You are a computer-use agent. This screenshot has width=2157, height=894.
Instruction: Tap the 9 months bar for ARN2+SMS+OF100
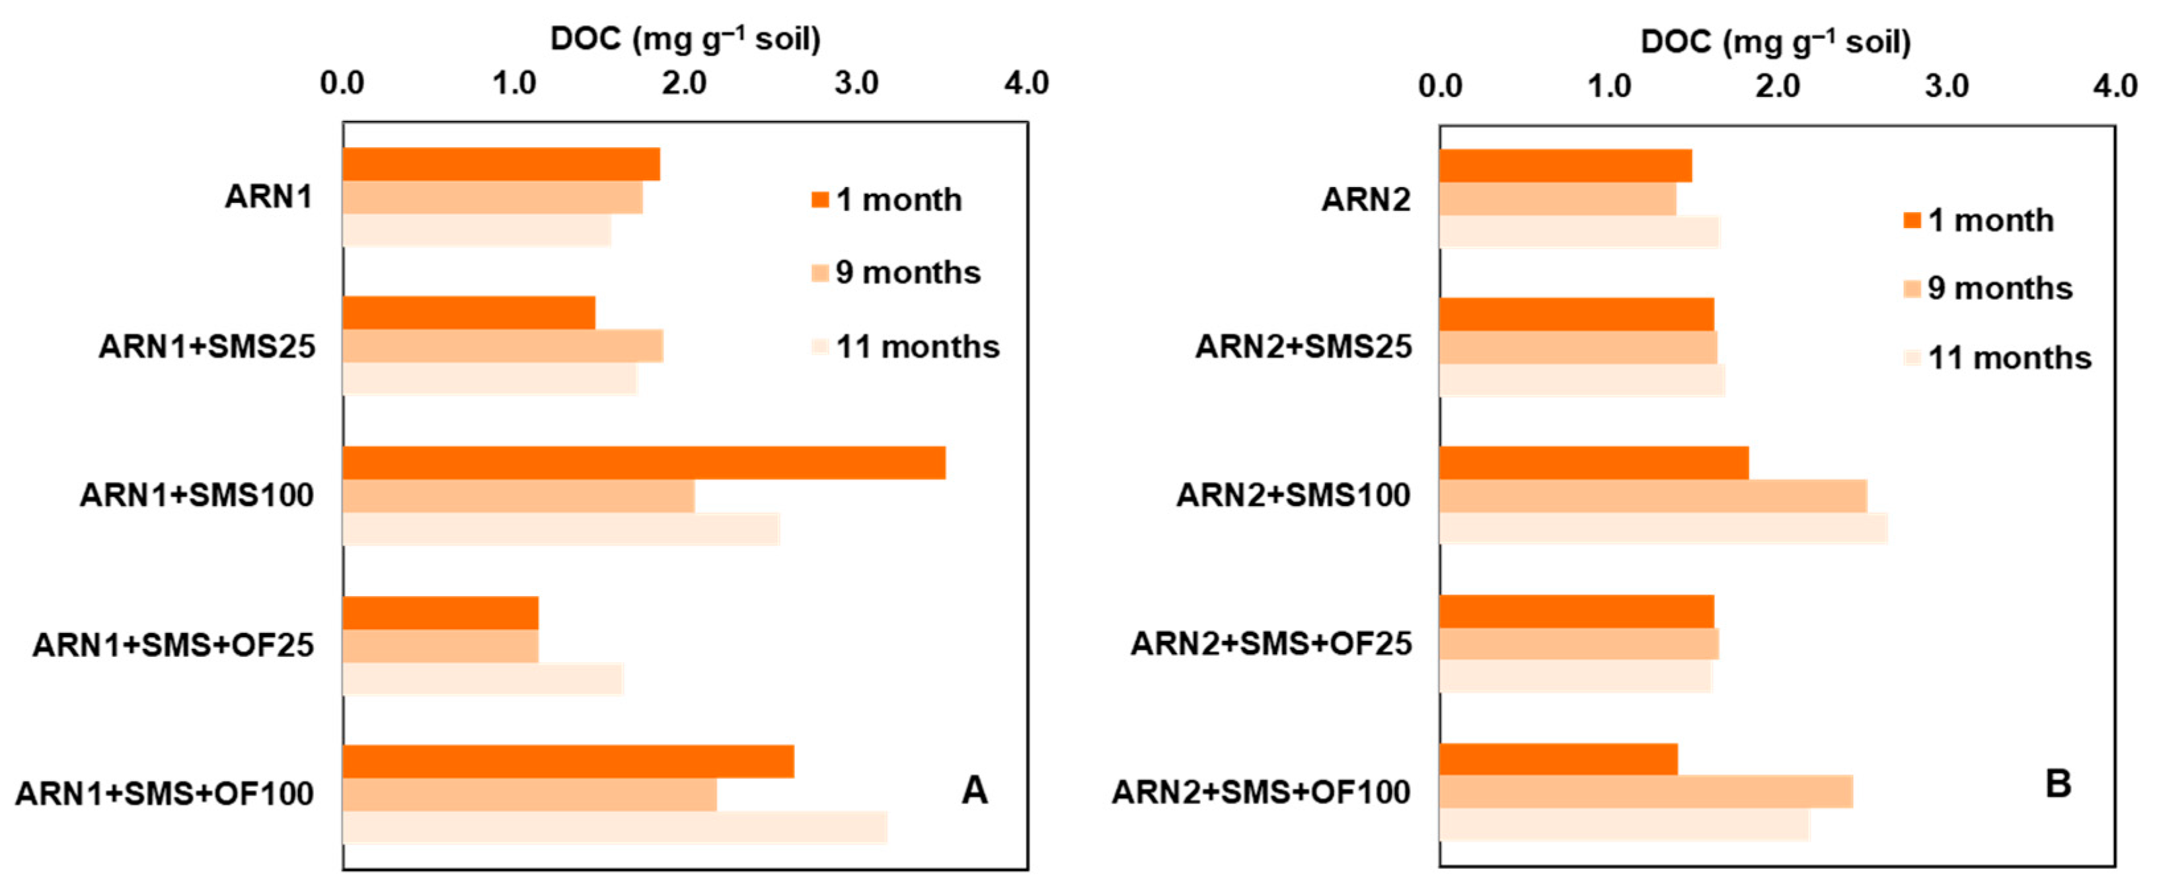pyautogui.click(x=1646, y=792)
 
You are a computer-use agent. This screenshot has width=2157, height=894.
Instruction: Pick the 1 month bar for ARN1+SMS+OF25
pyautogui.click(x=440, y=613)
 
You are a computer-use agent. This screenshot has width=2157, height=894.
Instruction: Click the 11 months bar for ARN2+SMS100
pyautogui.click(x=1663, y=528)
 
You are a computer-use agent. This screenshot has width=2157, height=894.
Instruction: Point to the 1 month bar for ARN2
pyautogui.click(x=1565, y=166)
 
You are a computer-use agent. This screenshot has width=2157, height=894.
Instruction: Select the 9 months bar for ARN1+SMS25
pyautogui.click(x=502, y=346)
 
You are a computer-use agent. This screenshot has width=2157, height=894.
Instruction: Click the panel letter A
pyautogui.click(x=974, y=790)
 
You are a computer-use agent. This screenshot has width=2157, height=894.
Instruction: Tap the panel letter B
pyautogui.click(x=2057, y=784)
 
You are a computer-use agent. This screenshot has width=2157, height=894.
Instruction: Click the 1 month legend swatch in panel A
pyautogui.click(x=819, y=200)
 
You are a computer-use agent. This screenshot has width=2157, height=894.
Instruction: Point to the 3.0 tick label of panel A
pyautogui.click(x=856, y=83)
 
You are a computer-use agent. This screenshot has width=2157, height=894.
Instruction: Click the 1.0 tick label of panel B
pyautogui.click(x=1608, y=86)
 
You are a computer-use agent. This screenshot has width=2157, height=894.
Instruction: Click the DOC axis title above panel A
pyautogui.click(x=685, y=38)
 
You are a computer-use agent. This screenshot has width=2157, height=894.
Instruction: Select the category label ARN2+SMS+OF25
pyautogui.click(x=1270, y=644)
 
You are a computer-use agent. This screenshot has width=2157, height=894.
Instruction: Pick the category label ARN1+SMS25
pyautogui.click(x=207, y=346)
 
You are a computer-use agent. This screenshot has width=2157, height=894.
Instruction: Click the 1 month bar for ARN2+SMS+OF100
pyautogui.click(x=1558, y=759)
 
